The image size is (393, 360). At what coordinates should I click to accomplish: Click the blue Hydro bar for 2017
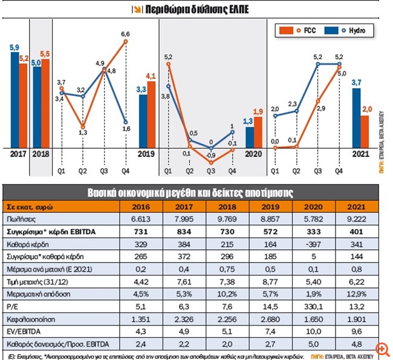[x=15, y=99]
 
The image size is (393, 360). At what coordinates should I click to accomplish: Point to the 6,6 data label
[x=126, y=34]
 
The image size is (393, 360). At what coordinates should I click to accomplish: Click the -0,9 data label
[x=211, y=155]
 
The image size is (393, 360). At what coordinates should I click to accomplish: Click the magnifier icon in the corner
[x=382, y=351]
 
